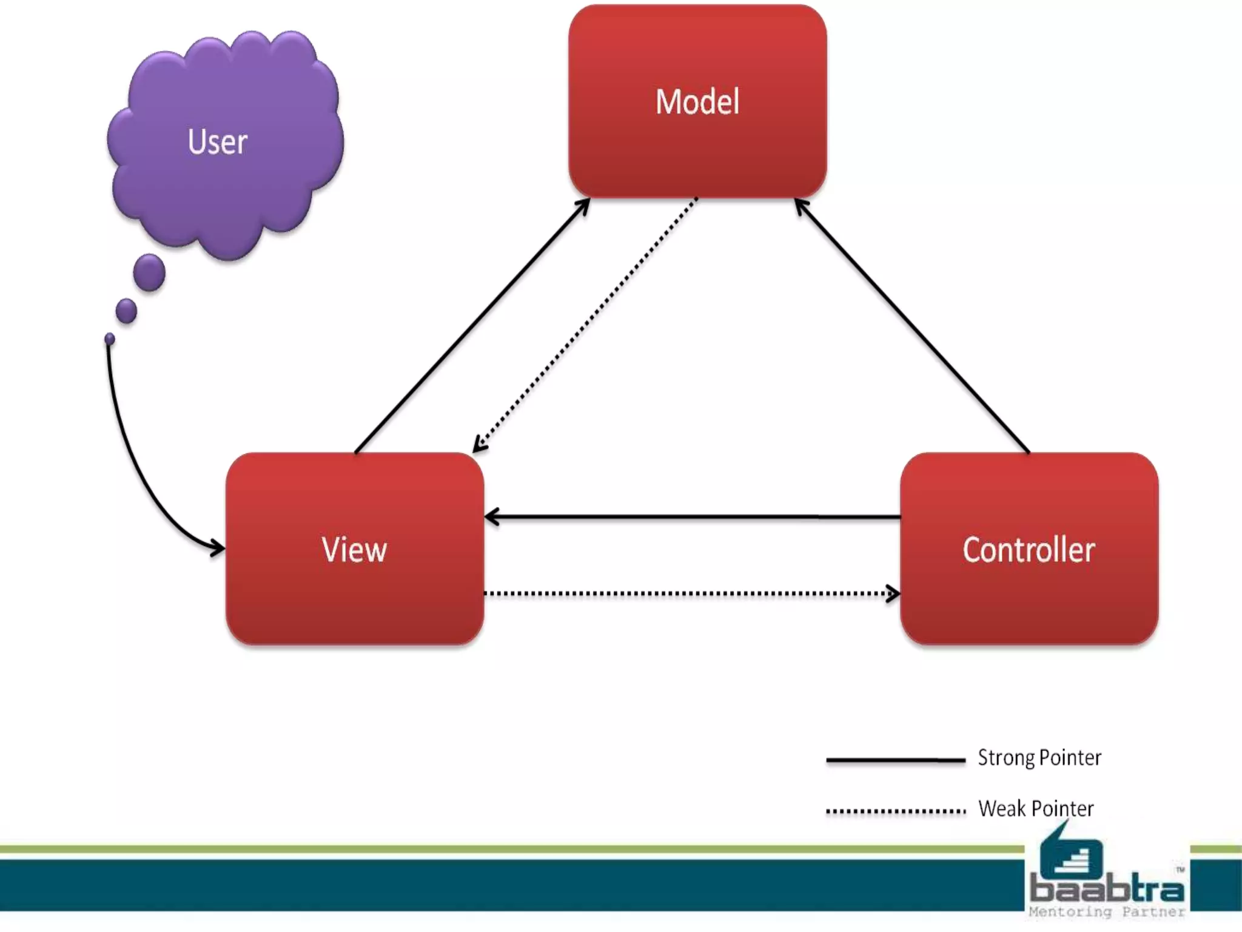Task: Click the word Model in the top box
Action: click(x=697, y=102)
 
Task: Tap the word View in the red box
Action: click(x=354, y=550)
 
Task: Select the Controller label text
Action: click(x=1029, y=550)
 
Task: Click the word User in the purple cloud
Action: click(x=218, y=142)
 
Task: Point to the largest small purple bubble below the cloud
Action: click(x=149, y=272)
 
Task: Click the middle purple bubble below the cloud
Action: click(x=126, y=311)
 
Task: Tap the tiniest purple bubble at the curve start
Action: click(x=110, y=339)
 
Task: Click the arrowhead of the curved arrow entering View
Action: click(x=218, y=547)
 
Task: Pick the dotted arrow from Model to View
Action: click(x=585, y=325)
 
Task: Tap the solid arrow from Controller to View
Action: click(x=691, y=517)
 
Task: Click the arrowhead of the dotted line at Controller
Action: click(x=893, y=593)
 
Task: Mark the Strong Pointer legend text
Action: click(x=1039, y=758)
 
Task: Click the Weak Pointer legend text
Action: click(x=1035, y=809)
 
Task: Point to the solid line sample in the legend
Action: click(x=895, y=760)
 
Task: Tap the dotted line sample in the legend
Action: click(x=895, y=811)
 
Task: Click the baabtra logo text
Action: click(x=1107, y=890)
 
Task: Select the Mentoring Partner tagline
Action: click(x=1107, y=911)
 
